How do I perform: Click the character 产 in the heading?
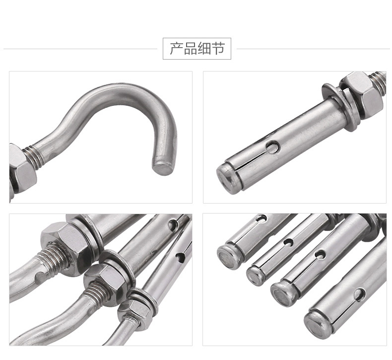pyautogui.click(x=177, y=49)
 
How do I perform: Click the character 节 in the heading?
pyautogui.click(x=218, y=49)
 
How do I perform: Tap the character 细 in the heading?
pyautogui.click(x=204, y=49)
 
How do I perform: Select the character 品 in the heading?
pyautogui.click(x=191, y=49)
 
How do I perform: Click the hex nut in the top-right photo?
pyautogui.click(x=362, y=94)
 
